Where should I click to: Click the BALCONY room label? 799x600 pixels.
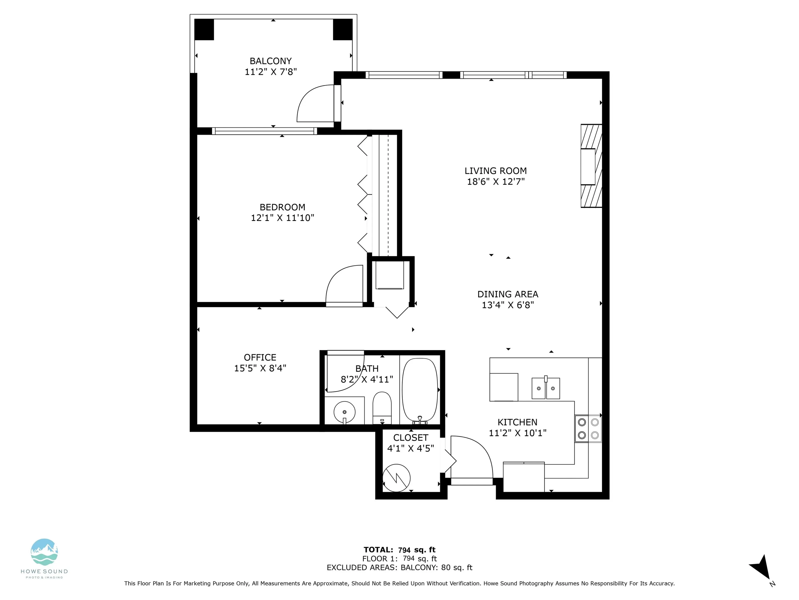coord(270,61)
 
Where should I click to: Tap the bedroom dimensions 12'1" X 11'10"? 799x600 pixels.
coord(283,218)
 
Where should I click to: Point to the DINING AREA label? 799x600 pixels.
coord(507,294)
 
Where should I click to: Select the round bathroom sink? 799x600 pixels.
coord(344,412)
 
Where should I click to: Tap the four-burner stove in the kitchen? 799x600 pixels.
coord(588,429)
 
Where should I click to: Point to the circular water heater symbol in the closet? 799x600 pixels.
coord(396,478)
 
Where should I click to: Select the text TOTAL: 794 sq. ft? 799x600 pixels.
coord(399,550)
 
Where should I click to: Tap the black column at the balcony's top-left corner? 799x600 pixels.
coord(204,29)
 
